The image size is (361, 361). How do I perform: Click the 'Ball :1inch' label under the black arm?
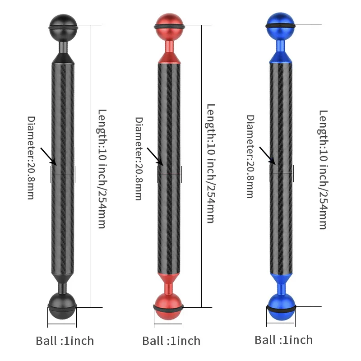pos(65,340)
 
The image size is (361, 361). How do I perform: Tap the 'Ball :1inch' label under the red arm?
pos(171,340)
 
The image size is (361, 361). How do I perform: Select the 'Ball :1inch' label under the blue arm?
pos(284,339)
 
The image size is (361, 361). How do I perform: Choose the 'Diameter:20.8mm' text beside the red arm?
pos(139,158)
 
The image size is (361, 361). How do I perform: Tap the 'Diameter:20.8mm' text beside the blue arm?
pos(250,156)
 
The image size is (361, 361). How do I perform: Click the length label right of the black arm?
pos(102,168)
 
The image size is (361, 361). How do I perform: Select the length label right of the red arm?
pos(210,163)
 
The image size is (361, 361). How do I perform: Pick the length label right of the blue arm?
pos(323,169)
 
